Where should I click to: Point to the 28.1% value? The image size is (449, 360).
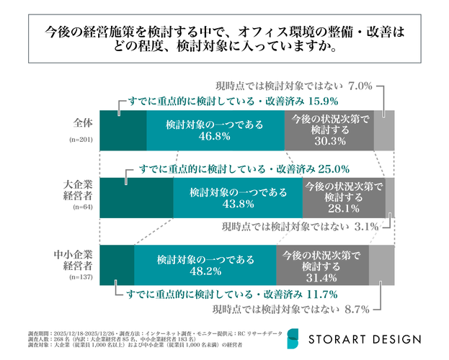tap(342, 210)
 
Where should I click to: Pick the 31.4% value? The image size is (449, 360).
tap(321, 279)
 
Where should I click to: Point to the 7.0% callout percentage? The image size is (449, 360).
tap(360, 86)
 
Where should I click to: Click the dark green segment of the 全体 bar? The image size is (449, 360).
tap(123, 130)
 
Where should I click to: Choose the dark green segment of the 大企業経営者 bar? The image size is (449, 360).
tap(135, 198)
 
